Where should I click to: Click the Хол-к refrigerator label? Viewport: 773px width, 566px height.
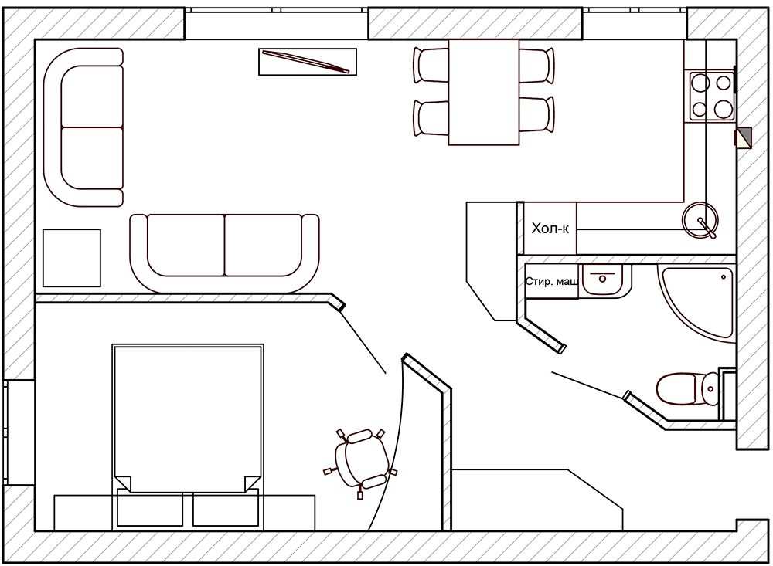[550, 229]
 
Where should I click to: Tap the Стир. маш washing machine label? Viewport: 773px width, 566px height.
[552, 282]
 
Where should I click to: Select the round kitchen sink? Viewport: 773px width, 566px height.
[700, 220]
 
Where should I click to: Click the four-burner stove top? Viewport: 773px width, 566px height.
[710, 96]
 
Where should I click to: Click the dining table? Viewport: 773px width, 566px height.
[484, 92]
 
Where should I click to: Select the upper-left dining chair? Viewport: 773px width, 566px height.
[431, 65]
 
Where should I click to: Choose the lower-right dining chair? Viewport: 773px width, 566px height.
[537, 116]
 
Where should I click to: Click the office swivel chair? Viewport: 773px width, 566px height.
[360, 458]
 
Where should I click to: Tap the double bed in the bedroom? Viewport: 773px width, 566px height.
[188, 419]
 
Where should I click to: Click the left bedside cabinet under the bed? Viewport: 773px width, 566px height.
[150, 510]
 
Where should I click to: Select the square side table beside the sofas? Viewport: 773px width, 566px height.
[71, 258]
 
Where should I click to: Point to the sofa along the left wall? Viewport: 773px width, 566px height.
[83, 127]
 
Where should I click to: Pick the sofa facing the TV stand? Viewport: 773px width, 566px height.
[225, 253]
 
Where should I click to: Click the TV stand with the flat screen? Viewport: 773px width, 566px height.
[308, 62]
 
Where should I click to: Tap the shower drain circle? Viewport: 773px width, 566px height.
[724, 277]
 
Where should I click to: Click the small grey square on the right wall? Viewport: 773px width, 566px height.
[744, 137]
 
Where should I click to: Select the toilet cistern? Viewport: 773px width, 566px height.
[710, 389]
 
